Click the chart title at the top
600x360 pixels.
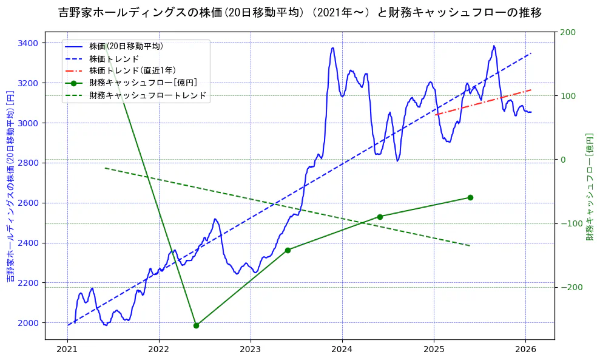(x=300, y=12)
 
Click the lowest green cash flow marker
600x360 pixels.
(x=196, y=325)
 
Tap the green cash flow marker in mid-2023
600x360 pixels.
(x=288, y=250)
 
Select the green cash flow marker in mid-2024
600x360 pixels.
(x=380, y=217)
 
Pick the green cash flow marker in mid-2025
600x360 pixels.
(x=470, y=197)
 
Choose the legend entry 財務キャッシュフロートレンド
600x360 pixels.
(x=147, y=95)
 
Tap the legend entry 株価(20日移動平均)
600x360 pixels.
(x=126, y=46)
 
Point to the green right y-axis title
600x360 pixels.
(x=588, y=187)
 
